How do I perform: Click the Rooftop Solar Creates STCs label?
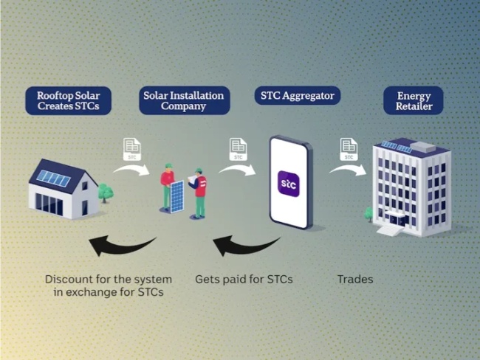(x=68, y=100)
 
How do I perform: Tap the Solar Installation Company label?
(x=184, y=100)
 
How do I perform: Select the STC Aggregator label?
(x=298, y=96)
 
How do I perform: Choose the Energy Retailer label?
(x=414, y=100)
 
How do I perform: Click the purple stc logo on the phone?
(x=288, y=184)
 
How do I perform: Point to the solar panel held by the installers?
(x=177, y=196)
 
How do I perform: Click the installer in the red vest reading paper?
(x=198, y=193)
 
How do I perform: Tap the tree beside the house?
(x=106, y=193)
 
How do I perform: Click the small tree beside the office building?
(x=369, y=214)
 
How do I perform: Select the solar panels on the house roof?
(x=54, y=179)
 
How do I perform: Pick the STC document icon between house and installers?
(x=132, y=149)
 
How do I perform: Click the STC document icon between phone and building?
(x=349, y=149)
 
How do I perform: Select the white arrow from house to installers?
(x=131, y=169)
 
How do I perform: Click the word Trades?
(x=355, y=280)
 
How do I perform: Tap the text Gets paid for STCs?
(x=244, y=280)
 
